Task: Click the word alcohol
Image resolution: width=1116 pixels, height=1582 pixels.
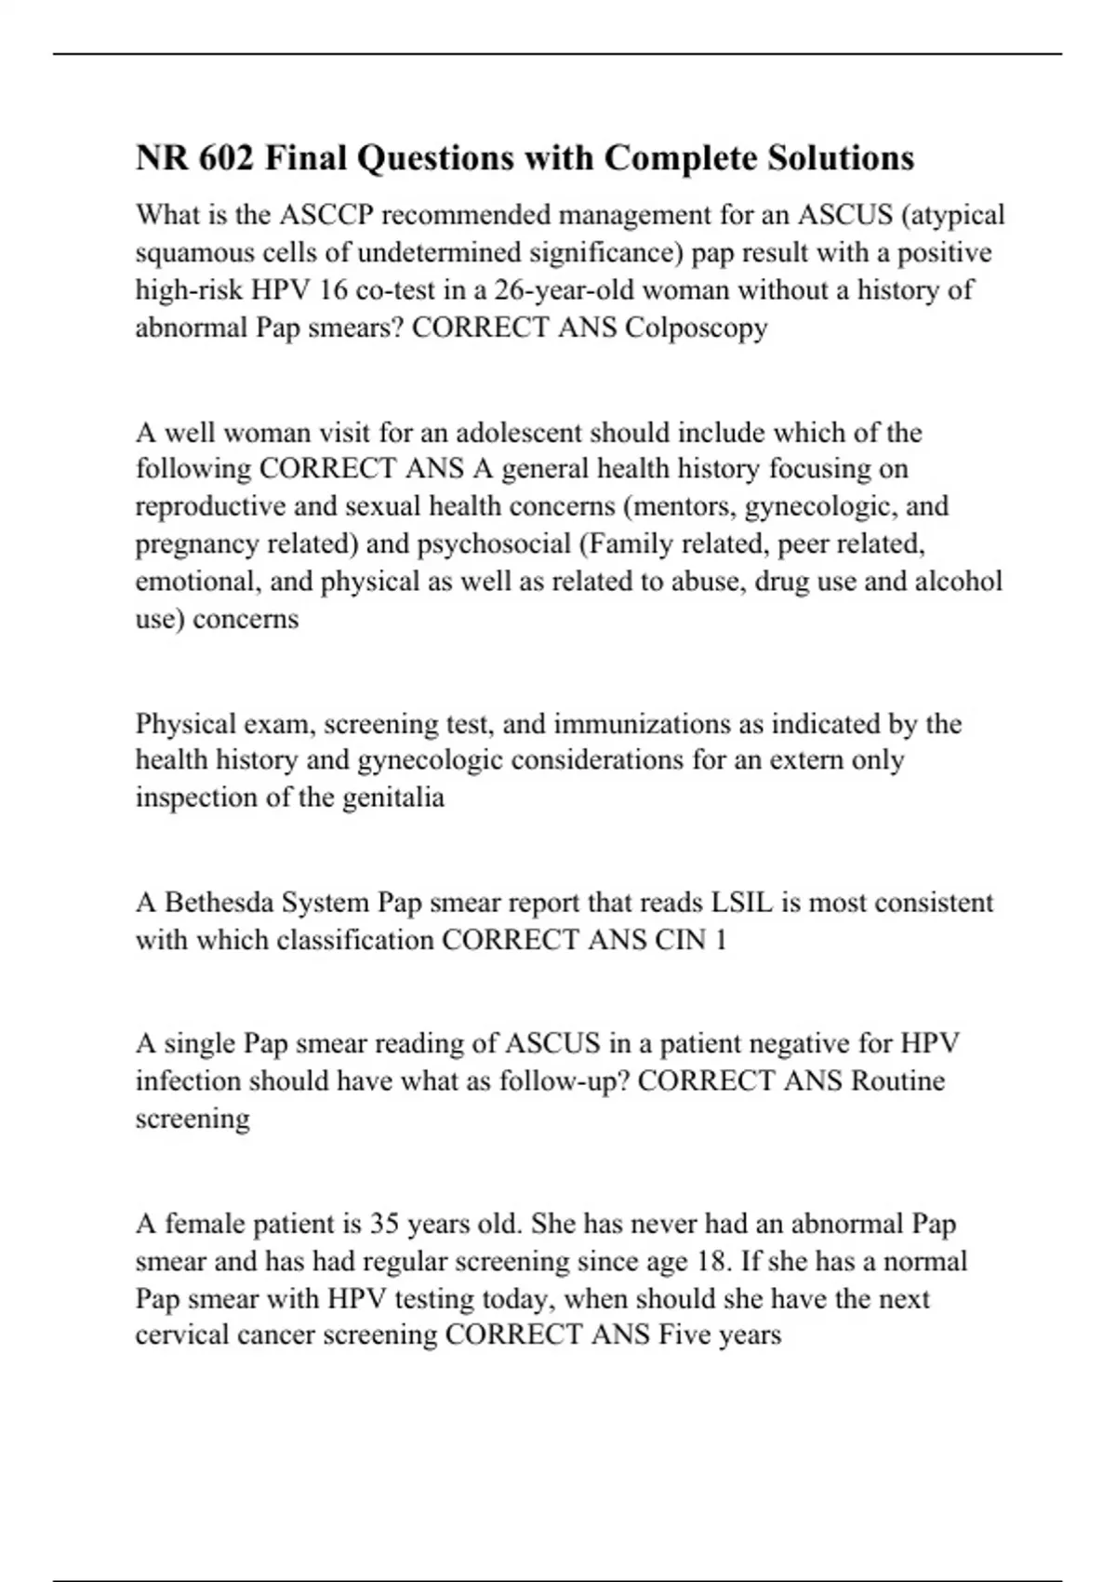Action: click(959, 582)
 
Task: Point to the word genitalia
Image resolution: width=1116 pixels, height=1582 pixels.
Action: click(393, 798)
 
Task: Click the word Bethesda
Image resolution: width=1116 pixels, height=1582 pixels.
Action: click(218, 903)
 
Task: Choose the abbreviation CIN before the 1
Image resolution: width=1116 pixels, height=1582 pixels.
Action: click(680, 940)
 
